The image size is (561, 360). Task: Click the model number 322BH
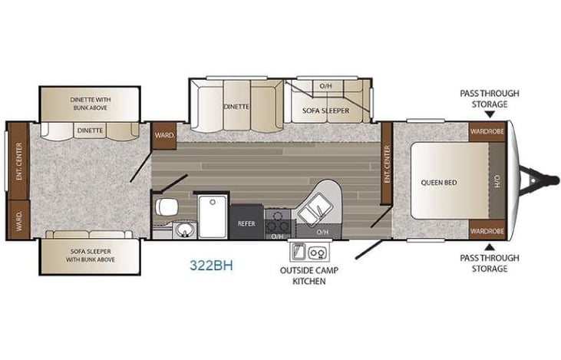[211, 266]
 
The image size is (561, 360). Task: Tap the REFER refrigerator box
[246, 223]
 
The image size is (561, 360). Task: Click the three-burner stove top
[277, 223]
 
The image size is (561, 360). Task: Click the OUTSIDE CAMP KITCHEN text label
[309, 276]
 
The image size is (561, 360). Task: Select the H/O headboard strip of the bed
[497, 183]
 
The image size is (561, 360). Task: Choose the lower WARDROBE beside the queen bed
[488, 230]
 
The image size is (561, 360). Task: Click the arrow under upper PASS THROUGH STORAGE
[490, 113]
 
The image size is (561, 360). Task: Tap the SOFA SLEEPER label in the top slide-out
[327, 111]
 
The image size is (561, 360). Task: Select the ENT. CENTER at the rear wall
[18, 159]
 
